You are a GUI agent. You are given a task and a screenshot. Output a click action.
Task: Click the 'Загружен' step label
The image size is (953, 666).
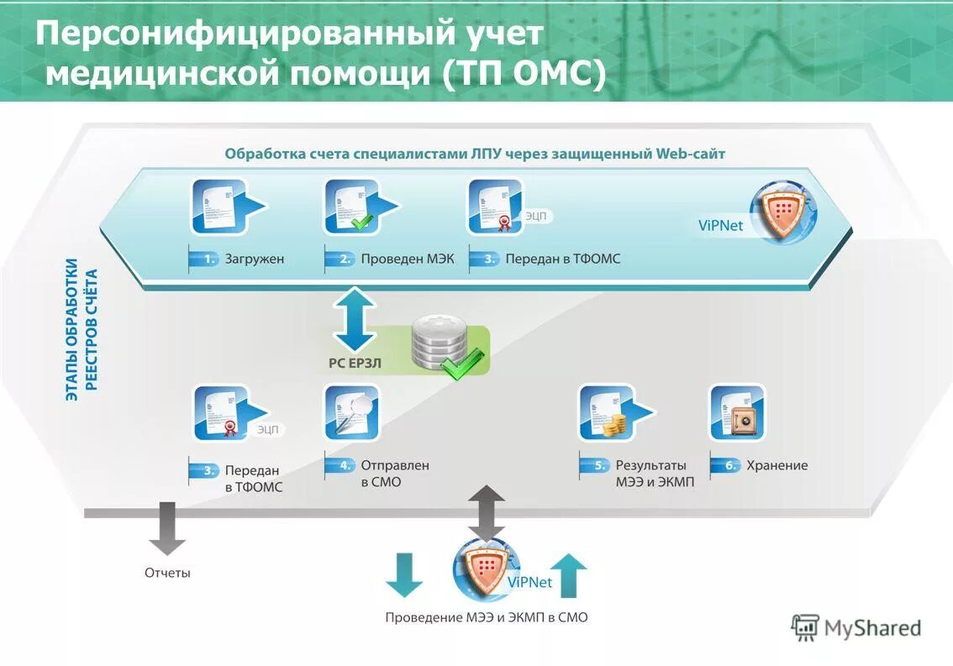[254, 260]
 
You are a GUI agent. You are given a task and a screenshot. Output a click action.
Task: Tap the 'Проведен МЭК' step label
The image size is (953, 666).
[407, 260]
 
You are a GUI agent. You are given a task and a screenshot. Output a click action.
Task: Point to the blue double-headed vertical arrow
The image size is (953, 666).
[355, 319]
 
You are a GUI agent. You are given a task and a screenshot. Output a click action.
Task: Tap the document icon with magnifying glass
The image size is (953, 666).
[351, 412]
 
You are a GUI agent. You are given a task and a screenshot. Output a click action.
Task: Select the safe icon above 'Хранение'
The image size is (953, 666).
[737, 412]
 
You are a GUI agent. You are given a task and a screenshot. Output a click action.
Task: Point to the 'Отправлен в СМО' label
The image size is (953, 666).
[394, 473]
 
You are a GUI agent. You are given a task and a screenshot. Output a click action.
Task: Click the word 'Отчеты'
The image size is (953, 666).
[167, 573]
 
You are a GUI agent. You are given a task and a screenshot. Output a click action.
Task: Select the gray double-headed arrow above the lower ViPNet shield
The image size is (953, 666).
[487, 512]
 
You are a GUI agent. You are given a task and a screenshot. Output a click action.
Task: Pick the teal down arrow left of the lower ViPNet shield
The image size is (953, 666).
[404, 575]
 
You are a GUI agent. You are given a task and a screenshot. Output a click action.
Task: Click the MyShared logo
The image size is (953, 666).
[856, 628]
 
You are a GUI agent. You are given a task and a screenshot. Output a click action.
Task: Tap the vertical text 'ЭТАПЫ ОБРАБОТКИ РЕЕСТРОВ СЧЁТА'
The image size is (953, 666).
[82, 329]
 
